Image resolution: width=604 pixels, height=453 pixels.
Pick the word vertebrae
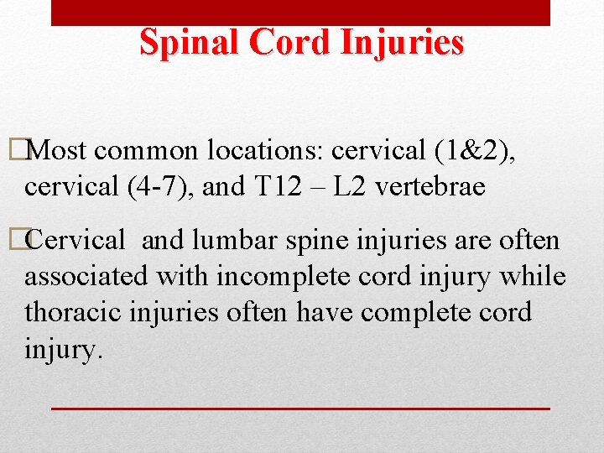[x=430, y=186]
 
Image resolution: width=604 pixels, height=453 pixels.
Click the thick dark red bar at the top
[x=300, y=12]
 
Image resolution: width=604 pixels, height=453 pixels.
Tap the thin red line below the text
[x=300, y=408]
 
